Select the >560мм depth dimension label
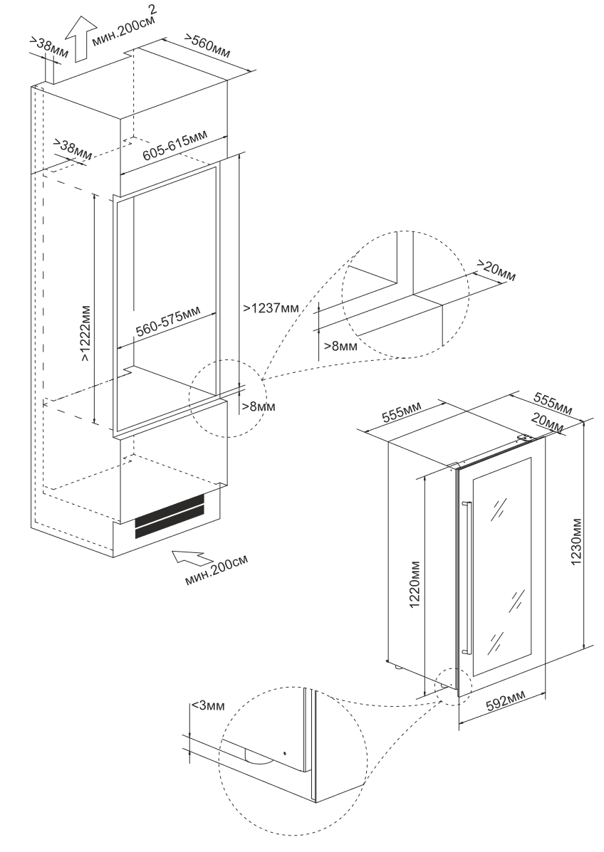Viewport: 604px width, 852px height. pos(209,45)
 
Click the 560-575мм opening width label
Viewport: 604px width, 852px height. pos(167,326)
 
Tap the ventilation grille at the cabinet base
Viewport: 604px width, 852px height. pos(170,516)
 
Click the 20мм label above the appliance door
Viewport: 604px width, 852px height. pos(547,423)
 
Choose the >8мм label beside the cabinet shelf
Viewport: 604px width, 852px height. pos(257,407)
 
